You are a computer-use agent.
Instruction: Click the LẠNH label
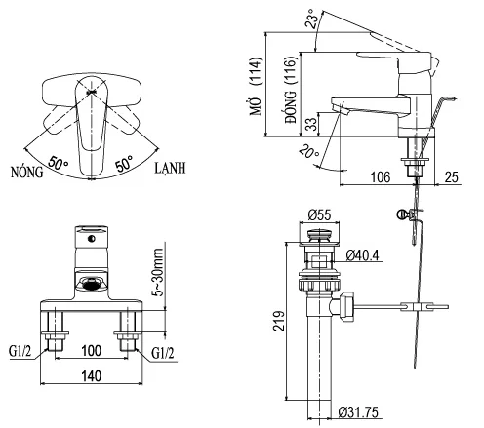(x=173, y=169)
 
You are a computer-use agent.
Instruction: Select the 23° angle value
(x=311, y=18)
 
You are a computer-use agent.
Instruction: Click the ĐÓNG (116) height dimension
(x=290, y=87)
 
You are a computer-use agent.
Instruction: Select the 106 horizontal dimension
(x=382, y=177)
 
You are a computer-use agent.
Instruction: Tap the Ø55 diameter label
(x=319, y=215)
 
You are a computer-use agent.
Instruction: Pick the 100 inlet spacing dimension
(x=92, y=349)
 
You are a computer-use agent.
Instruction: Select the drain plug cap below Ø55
(x=319, y=235)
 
